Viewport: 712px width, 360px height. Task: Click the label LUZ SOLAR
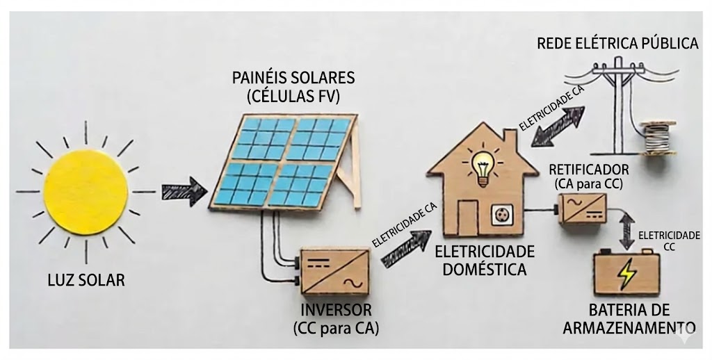[x=86, y=281]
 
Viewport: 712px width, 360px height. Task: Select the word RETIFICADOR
[x=588, y=170]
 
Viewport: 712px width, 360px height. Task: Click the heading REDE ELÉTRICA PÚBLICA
[x=617, y=44]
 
